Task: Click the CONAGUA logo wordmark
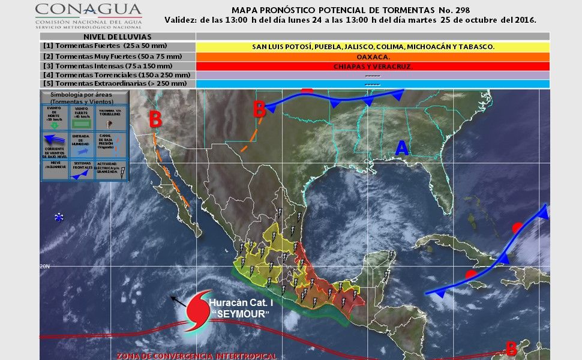[x=88, y=10]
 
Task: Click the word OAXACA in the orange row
[x=373, y=56]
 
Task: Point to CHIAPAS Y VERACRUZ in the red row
[x=373, y=66]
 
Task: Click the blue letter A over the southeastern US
[x=401, y=147]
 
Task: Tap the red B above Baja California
[x=155, y=119]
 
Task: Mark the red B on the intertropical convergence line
[x=511, y=347]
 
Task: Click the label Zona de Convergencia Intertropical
[x=197, y=356]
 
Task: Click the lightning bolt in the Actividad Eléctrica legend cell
[x=122, y=173]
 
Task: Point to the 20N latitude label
[x=44, y=266]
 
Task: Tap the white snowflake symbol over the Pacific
[x=59, y=217]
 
